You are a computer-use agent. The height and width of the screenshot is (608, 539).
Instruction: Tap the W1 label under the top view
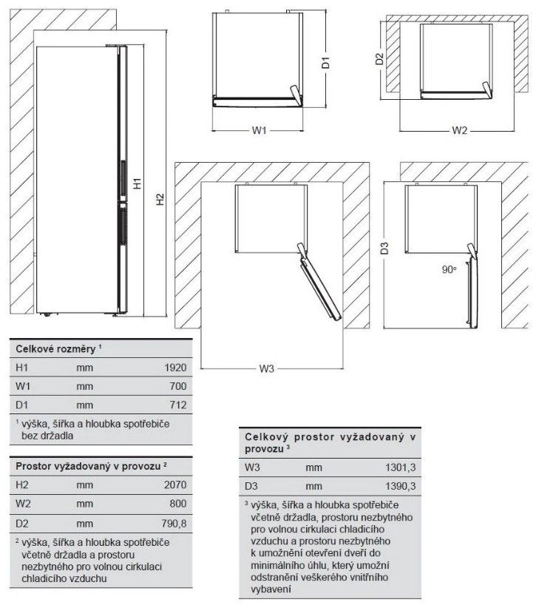point(258,131)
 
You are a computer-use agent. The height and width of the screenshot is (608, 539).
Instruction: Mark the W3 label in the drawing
point(267,369)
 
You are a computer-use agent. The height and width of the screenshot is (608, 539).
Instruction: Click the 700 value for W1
point(178,386)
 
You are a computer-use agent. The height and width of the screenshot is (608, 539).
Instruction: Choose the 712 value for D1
point(178,405)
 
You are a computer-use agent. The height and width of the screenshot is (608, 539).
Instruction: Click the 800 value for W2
point(178,505)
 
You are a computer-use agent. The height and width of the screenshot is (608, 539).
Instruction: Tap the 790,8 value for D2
point(174,524)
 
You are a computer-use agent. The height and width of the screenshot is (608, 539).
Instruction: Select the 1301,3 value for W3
point(400,467)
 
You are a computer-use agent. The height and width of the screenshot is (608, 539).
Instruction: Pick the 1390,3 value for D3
point(400,487)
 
